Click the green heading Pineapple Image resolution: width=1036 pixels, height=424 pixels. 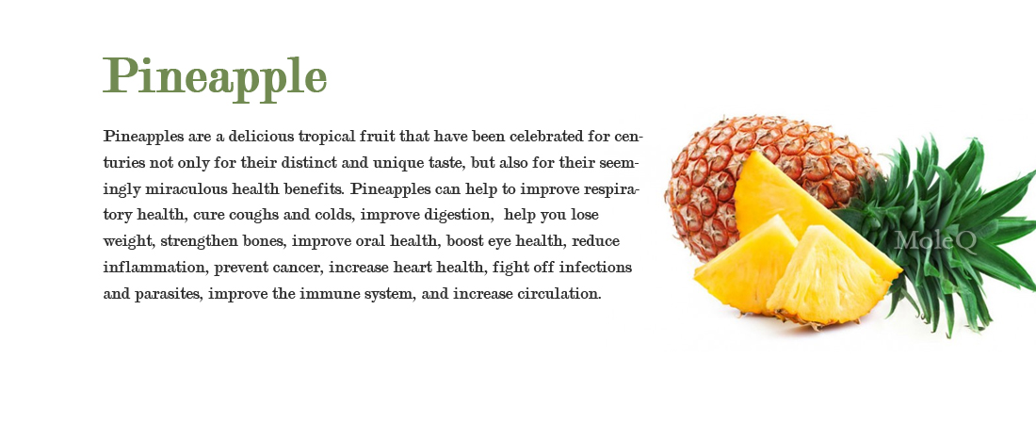point(215,78)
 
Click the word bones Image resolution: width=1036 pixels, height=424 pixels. point(265,241)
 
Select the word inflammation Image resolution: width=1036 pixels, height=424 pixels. point(155,268)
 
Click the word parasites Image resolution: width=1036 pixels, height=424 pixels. point(168,295)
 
